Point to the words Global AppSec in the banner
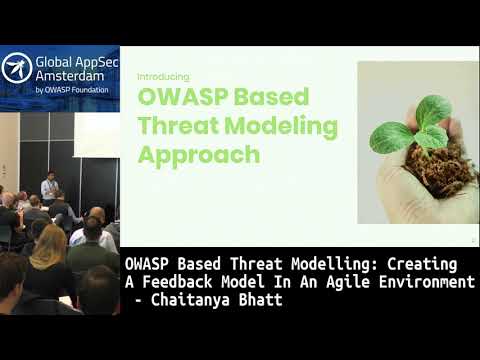76,60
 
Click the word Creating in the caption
425,264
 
